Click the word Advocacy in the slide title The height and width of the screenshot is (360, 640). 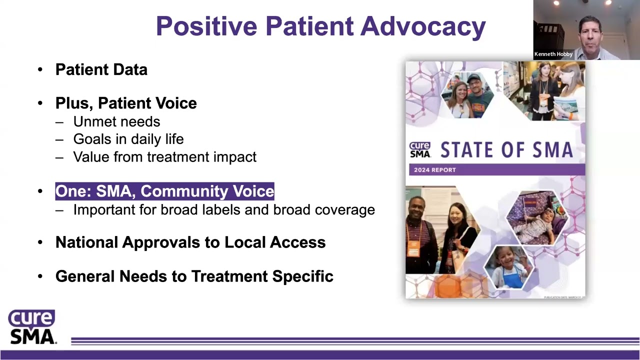[423, 26]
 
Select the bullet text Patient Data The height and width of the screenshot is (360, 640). [101, 69]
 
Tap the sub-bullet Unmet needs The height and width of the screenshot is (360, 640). [116, 121]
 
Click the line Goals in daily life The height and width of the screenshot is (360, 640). [128, 139]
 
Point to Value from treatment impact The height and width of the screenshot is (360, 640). [164, 157]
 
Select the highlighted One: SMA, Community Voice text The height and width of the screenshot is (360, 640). [164, 191]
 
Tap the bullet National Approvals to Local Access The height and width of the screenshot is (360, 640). [190, 242]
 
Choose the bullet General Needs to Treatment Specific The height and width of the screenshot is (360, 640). [194, 276]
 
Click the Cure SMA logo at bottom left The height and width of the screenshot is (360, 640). [31, 327]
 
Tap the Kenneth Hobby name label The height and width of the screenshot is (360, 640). [553, 54]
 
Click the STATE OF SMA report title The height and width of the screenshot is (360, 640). [506, 149]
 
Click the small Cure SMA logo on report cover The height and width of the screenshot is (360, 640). [420, 149]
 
